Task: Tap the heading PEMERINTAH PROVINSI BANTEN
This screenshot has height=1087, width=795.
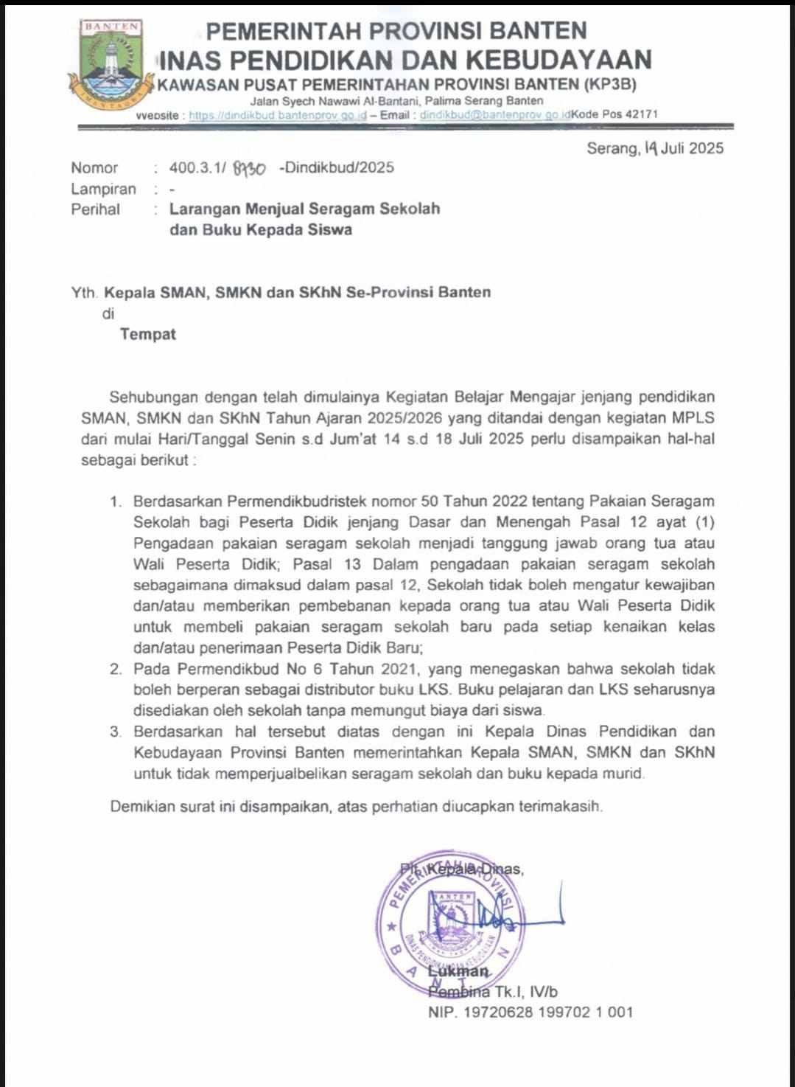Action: coord(396,31)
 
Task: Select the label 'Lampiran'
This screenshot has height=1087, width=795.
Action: coord(103,189)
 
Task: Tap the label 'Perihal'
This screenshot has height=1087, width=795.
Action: coord(95,209)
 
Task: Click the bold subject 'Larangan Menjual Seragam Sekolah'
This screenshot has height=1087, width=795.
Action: coord(304,209)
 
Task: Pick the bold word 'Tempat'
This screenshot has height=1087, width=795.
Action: coord(148,334)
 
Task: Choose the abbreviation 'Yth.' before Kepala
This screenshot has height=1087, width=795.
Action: coord(85,292)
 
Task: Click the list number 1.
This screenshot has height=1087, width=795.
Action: coord(115,502)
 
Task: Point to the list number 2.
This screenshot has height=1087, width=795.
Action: coord(115,670)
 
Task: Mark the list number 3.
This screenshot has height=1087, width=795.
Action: coord(115,733)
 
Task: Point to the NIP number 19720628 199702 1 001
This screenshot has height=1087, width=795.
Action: coord(530,1013)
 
